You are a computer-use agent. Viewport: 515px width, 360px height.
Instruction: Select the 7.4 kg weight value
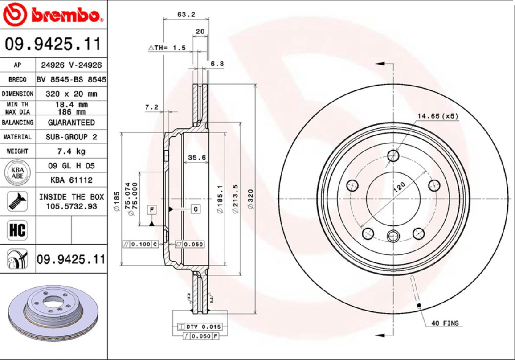[71, 151]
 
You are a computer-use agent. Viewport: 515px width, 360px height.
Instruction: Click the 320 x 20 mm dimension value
[71, 94]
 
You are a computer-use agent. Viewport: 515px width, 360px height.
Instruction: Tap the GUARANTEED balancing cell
[71, 122]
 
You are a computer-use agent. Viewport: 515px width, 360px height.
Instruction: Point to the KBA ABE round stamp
[17, 173]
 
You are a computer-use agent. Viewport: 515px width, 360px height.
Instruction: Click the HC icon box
[17, 230]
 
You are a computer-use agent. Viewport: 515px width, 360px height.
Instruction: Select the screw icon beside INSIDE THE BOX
[17, 201]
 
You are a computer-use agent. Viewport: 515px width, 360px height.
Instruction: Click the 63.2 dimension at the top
[186, 14]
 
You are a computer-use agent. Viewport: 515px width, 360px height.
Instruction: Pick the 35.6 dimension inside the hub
[196, 157]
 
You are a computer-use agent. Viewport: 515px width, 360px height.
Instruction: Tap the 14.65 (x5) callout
[437, 116]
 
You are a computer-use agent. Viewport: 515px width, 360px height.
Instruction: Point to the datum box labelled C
[196, 209]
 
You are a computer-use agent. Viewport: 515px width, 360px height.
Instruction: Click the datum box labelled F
[152, 209]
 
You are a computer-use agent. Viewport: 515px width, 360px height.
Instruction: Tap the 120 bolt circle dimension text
[399, 187]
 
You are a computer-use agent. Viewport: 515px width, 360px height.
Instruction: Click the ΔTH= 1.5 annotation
[167, 48]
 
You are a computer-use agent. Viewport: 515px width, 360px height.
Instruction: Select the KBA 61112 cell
[71, 180]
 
